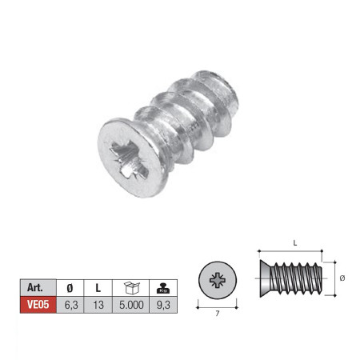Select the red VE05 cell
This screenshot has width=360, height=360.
point(38,305)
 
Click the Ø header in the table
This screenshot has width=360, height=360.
point(70,288)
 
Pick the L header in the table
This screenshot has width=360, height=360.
point(98,288)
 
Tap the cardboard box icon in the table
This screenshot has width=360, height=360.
point(132,287)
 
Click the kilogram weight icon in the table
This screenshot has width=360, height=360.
point(163,288)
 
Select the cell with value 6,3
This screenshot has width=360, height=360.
point(70,305)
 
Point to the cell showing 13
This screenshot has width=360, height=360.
point(98,305)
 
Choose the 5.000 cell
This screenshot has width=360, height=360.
point(131,305)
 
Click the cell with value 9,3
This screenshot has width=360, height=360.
point(163,305)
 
